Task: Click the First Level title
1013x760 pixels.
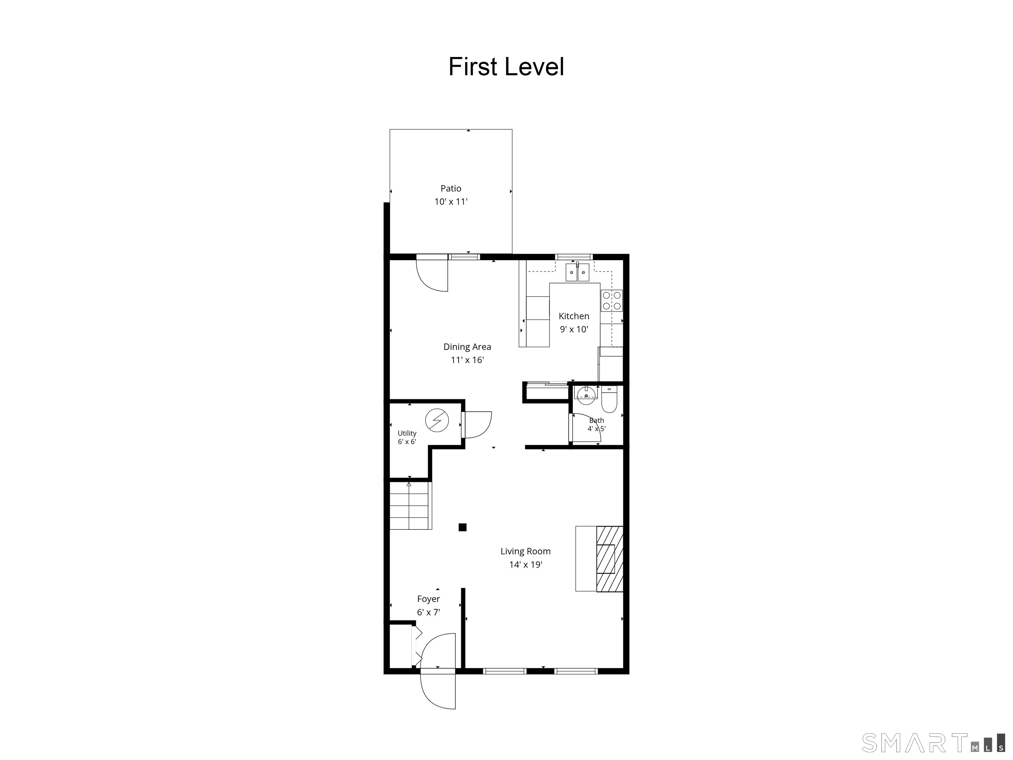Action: (506, 67)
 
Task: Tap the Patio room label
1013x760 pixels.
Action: (451, 188)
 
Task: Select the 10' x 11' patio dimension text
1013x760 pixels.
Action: (451, 202)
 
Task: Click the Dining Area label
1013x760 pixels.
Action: (467, 347)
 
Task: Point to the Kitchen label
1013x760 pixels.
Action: (574, 316)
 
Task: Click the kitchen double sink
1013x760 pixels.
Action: (577, 272)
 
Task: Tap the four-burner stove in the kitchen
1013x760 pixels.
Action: (612, 301)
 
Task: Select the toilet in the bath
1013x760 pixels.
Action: (609, 399)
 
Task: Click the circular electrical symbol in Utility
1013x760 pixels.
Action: (437, 420)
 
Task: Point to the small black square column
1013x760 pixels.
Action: (463, 527)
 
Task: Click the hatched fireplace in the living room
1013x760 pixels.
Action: (609, 559)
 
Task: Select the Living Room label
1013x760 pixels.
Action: (525, 552)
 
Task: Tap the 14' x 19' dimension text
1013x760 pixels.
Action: (526, 565)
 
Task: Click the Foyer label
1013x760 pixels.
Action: (428, 599)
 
